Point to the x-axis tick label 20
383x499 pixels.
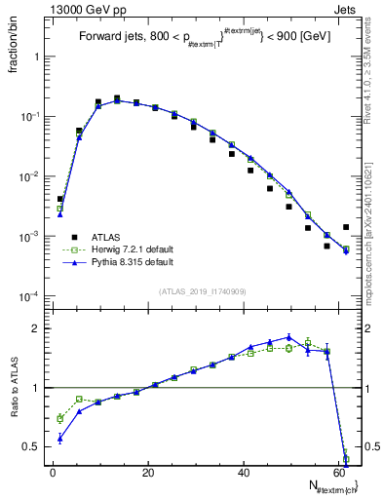[148, 473]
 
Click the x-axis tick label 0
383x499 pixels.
[53, 473]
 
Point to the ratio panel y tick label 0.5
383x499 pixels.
[30, 446]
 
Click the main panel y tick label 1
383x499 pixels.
[36, 57]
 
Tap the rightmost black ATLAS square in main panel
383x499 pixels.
[346, 227]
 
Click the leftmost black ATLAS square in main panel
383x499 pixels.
[59, 199]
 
